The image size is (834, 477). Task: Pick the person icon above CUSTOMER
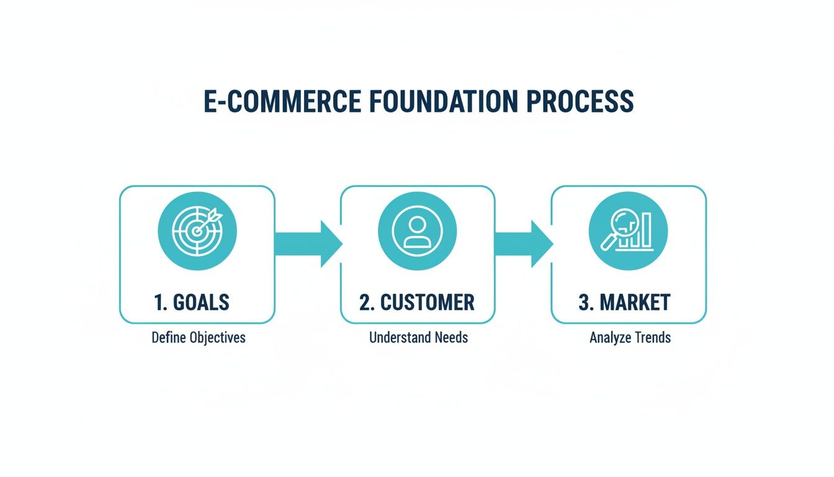(x=418, y=230)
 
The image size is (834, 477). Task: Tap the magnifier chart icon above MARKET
(x=628, y=230)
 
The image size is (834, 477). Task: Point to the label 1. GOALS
(x=191, y=302)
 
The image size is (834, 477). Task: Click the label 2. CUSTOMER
(x=417, y=302)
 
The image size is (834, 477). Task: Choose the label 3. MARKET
(x=624, y=302)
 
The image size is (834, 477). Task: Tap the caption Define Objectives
(x=199, y=338)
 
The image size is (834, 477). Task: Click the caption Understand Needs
(x=418, y=338)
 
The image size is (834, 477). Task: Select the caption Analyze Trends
(x=630, y=338)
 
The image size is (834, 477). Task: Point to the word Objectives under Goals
(x=217, y=338)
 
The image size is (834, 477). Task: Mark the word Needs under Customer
(x=451, y=338)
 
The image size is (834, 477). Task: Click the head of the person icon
(x=418, y=223)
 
